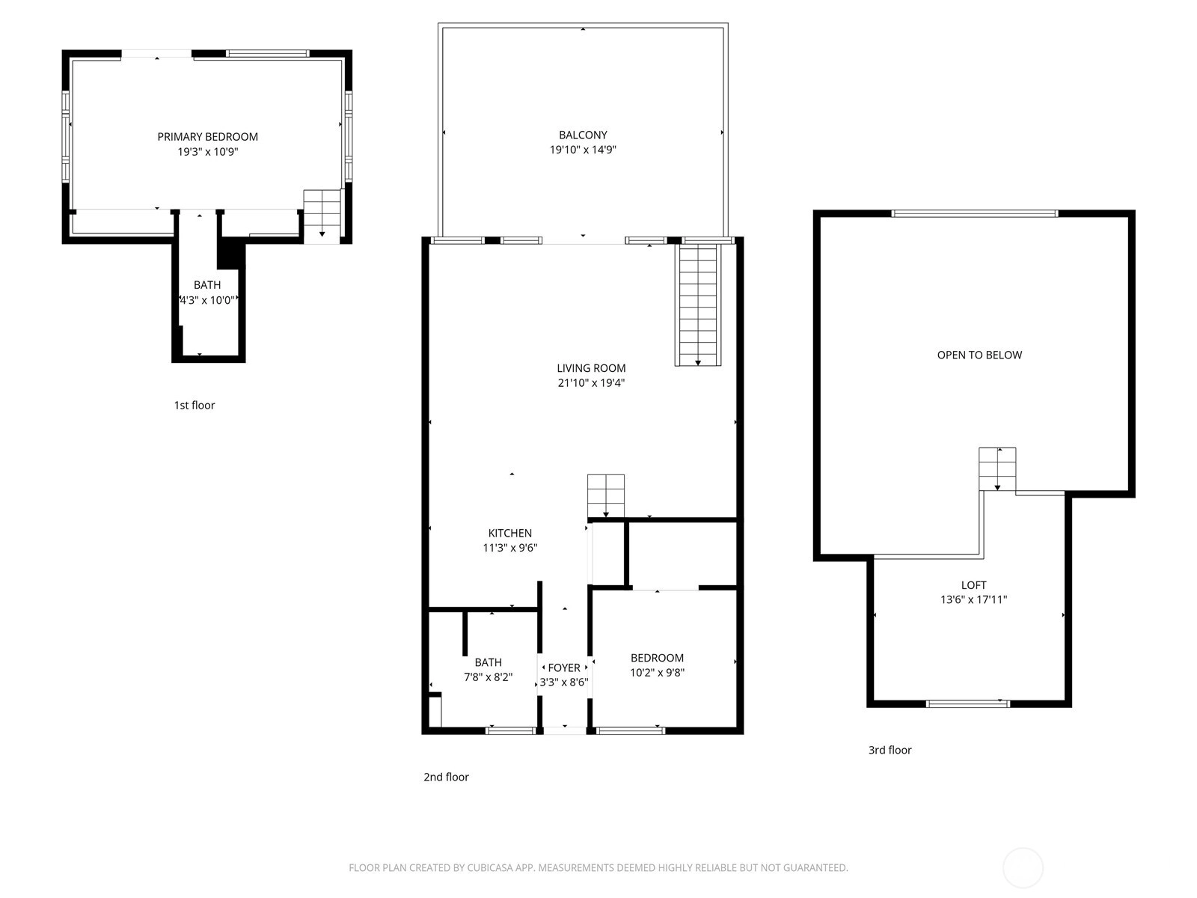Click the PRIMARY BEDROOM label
[207, 137]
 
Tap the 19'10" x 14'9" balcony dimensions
[582, 150]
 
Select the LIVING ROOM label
[591, 369]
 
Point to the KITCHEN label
[510, 534]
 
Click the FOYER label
[564, 668]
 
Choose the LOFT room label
[973, 586]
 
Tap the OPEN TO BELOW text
[979, 355]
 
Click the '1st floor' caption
[194, 405]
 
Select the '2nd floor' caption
[446, 777]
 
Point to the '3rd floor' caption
[890, 751]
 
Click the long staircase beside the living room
[698, 305]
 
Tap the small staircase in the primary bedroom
[322, 216]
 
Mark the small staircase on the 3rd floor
[997, 469]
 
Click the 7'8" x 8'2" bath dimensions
[488, 677]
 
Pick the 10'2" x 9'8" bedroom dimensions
[657, 673]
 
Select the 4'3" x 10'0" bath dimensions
[207, 300]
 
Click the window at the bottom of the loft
[968, 704]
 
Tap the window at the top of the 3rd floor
[975, 214]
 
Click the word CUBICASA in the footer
[491, 867]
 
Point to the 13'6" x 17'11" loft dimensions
[973, 599]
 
